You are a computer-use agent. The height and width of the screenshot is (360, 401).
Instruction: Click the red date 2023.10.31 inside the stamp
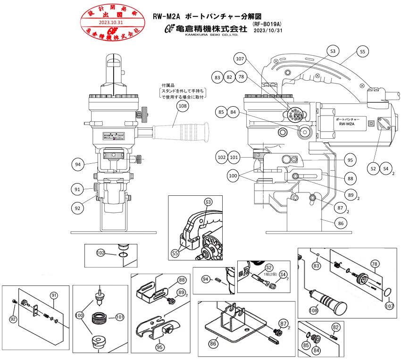pyautogui.click(x=111, y=22)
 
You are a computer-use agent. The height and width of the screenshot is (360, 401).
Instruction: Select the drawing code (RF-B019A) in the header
pyautogui.click(x=267, y=24)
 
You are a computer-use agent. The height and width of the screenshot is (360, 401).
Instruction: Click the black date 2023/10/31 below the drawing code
pyautogui.click(x=267, y=31)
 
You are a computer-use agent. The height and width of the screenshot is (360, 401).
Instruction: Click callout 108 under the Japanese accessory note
pyautogui.click(x=183, y=107)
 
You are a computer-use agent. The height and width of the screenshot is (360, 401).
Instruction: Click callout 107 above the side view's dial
pyautogui.click(x=240, y=59)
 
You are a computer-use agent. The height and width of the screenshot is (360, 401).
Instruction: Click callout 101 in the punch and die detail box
pyautogui.click(x=119, y=318)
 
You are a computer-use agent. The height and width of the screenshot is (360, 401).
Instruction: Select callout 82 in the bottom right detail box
pyautogui.click(x=336, y=327)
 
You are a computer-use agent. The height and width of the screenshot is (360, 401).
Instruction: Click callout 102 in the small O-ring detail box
pyautogui.click(x=101, y=253)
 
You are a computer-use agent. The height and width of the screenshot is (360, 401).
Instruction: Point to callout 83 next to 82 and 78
pyautogui.click(x=217, y=77)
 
